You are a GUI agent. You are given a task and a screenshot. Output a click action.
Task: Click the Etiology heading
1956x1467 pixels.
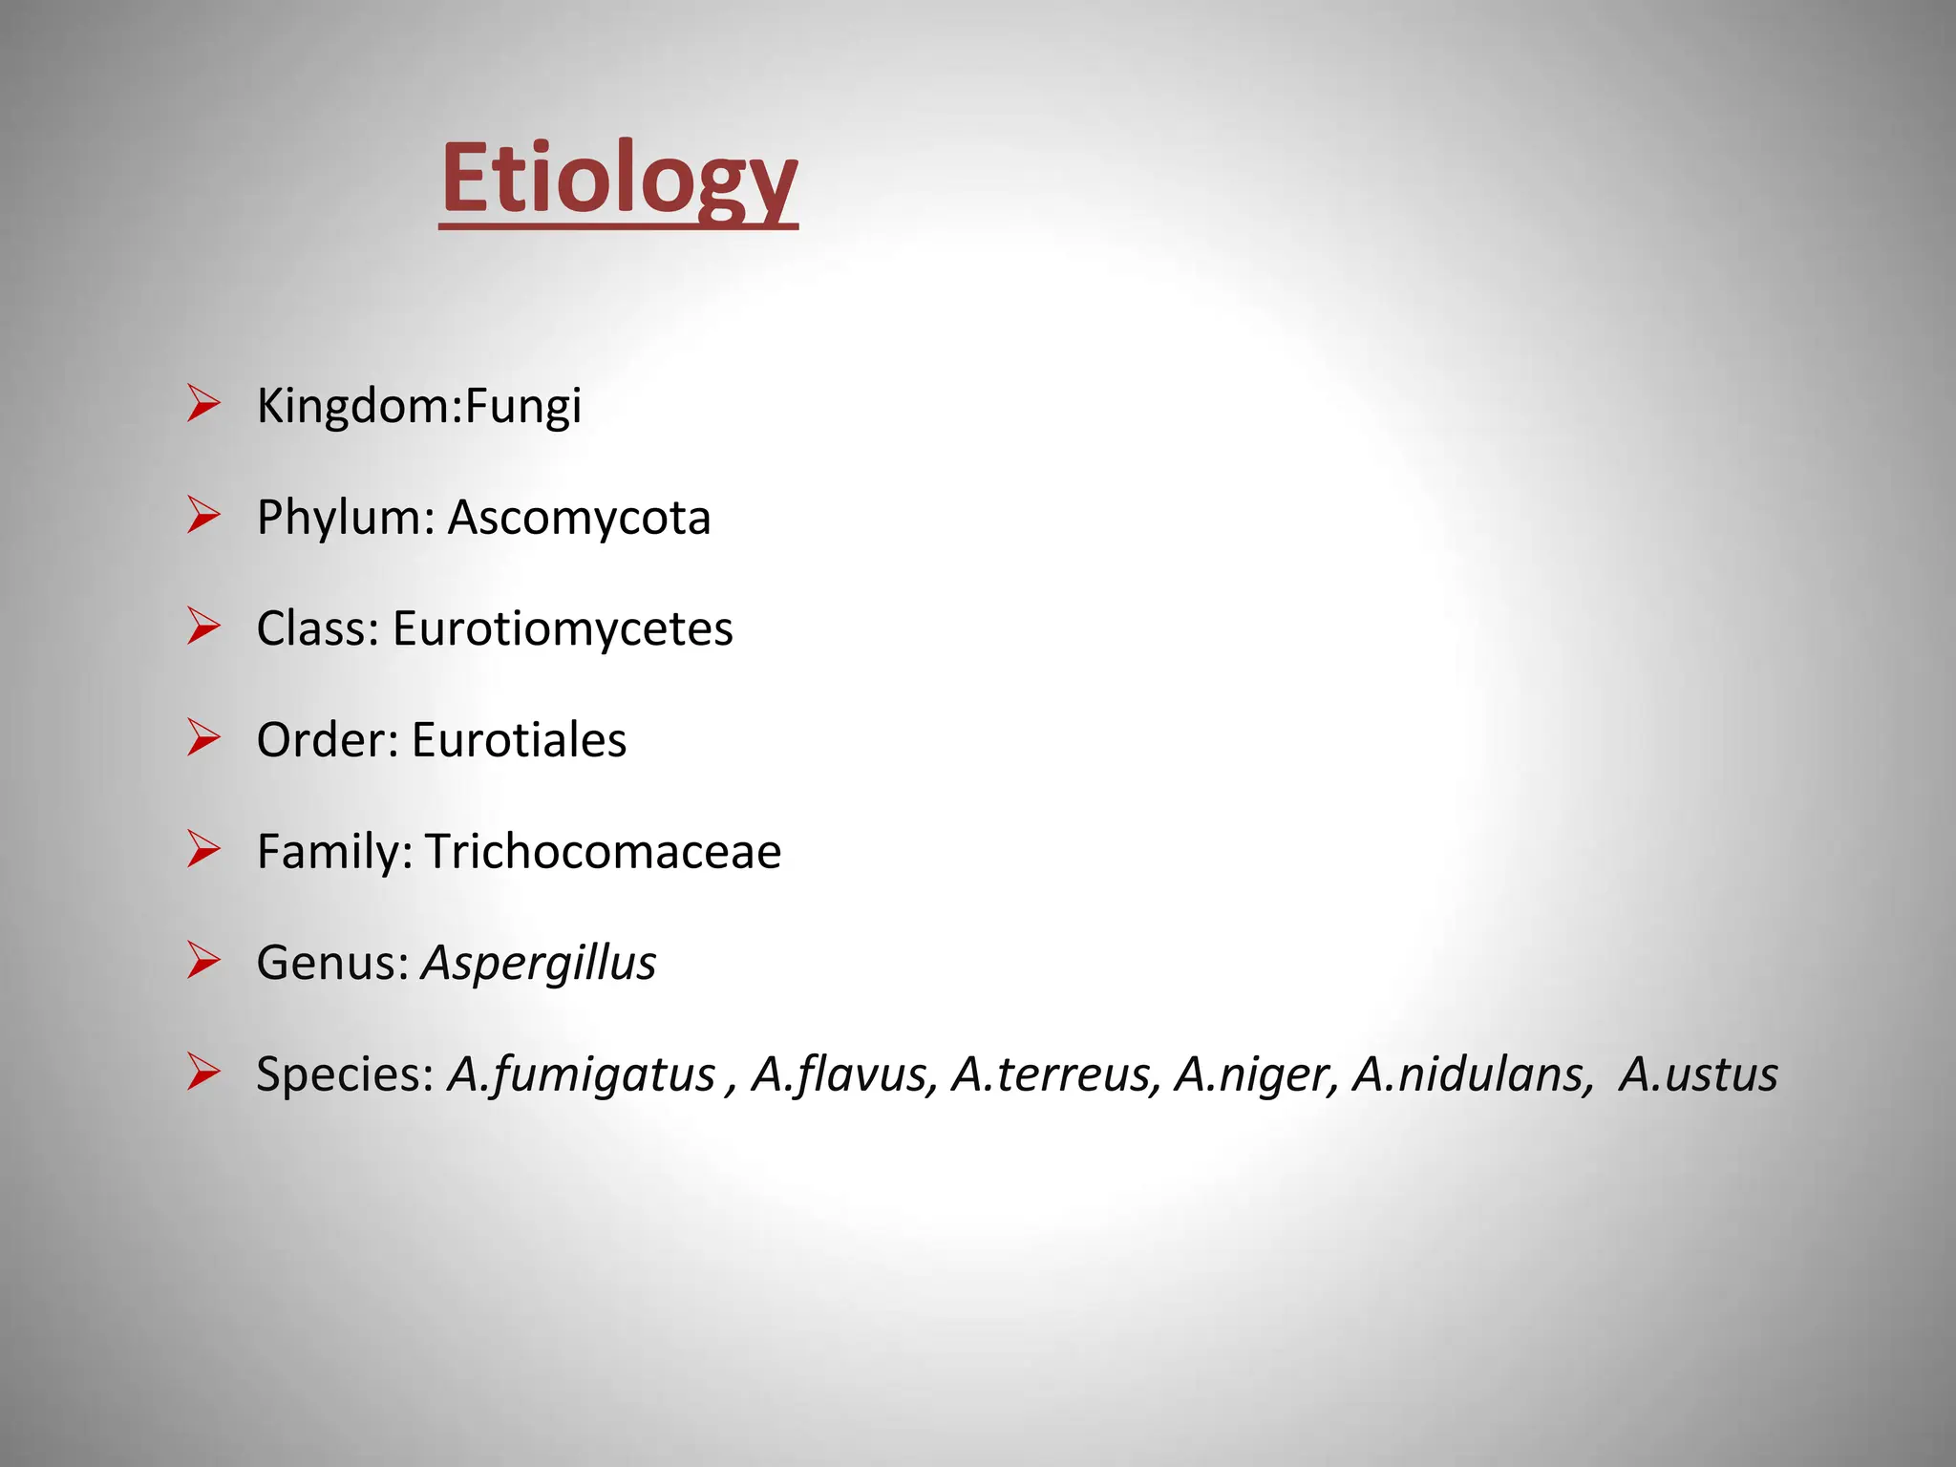(618, 179)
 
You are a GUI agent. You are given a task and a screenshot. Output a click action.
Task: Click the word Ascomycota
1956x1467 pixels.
(579, 519)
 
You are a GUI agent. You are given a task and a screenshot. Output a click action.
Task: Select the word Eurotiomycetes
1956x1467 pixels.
(563, 629)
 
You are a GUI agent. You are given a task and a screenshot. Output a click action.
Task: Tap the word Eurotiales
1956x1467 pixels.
(519, 740)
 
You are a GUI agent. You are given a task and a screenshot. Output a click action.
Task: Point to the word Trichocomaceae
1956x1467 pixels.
(603, 851)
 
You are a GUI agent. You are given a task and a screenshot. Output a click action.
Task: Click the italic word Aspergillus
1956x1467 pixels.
(539, 963)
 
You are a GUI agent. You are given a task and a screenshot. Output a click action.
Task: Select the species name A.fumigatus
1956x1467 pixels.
(582, 1074)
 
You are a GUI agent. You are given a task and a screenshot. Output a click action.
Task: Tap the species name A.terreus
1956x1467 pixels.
(1056, 1074)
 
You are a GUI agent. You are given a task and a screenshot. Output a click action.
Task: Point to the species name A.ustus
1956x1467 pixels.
(1698, 1074)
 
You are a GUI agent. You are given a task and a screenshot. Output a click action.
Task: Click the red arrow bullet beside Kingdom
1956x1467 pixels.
(203, 404)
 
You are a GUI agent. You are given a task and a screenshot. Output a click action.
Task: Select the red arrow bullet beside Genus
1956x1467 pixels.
(203, 961)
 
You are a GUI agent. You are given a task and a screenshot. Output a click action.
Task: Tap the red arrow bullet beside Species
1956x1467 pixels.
(203, 1072)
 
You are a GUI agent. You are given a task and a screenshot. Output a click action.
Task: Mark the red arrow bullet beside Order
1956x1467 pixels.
(203, 738)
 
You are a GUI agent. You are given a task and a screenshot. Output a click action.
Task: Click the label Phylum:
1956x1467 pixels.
(346, 519)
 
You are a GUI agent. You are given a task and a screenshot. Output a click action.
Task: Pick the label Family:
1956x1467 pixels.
(334, 851)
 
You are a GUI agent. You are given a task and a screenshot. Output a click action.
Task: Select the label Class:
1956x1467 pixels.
(318, 629)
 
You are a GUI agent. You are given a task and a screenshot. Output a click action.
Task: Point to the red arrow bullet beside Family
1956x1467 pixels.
(203, 849)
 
